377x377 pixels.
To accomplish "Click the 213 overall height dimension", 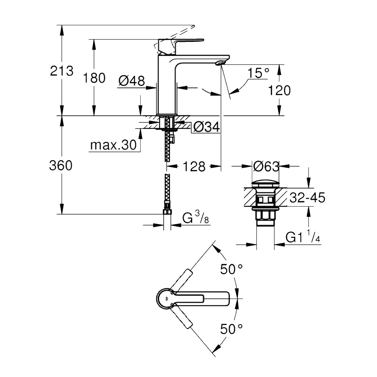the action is tap(61, 71).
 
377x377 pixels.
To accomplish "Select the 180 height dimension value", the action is tap(94, 78).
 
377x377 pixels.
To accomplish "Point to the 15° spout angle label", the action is tap(258, 73).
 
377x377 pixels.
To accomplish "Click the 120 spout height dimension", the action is tap(279, 90).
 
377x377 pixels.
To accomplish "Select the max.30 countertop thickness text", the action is tap(113, 145).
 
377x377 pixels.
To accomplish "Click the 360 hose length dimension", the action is tap(61, 166).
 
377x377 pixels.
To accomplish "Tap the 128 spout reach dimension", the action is tap(194, 166).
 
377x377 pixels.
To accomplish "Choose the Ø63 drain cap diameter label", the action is tap(266, 166).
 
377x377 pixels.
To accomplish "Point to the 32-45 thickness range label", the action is tap(307, 198).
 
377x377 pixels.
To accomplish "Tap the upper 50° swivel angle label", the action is tap(231, 269).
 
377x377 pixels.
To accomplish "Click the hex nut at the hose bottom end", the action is tap(167, 211).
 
